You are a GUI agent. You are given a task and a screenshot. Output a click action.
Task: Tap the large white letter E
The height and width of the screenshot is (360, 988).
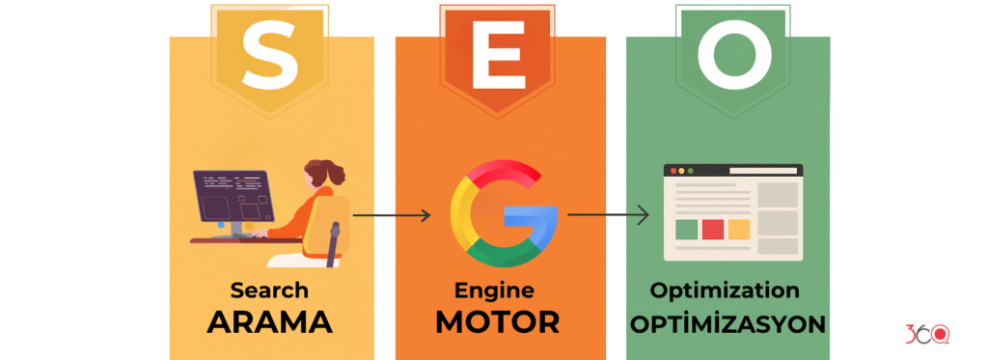point(498,56)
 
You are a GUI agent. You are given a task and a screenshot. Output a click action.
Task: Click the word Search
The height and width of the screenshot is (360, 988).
point(269,291)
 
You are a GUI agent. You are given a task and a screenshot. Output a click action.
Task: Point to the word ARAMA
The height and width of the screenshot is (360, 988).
point(270,322)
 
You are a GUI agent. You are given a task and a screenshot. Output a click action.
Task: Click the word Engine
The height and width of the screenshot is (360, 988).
point(495,291)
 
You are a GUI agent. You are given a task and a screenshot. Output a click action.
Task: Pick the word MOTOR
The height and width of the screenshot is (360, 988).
point(498,322)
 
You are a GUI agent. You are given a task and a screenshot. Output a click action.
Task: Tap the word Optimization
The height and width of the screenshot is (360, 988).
point(725,291)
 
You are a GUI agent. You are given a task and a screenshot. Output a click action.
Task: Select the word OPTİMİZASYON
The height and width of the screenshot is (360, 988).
point(727,323)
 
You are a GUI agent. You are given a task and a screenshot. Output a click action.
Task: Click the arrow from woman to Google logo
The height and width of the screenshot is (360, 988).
point(392,215)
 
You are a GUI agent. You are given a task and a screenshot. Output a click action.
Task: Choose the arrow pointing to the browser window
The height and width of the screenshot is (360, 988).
point(608,215)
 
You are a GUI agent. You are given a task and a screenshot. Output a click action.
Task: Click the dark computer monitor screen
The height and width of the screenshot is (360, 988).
point(233,196)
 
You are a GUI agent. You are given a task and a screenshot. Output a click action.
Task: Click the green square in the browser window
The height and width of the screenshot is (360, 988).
point(686,230)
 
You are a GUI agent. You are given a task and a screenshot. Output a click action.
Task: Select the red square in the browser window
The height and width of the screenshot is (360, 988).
point(713,230)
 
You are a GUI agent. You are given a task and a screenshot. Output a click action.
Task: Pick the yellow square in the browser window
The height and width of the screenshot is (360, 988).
point(739,230)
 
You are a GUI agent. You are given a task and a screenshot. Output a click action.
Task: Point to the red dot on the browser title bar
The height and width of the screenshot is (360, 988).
point(672,170)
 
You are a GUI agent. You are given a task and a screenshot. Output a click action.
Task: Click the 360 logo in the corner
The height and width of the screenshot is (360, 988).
point(927,334)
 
